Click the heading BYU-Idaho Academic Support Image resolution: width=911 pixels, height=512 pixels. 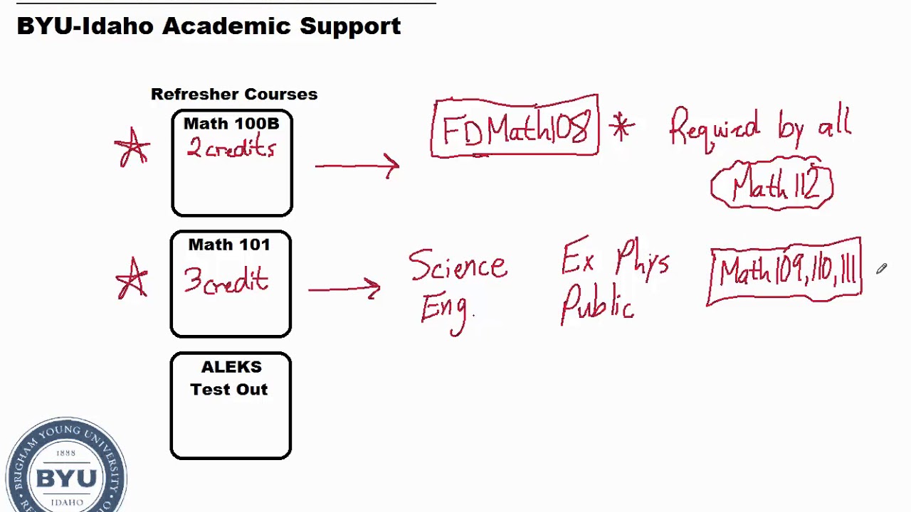(x=209, y=26)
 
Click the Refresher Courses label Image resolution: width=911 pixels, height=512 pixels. (x=233, y=95)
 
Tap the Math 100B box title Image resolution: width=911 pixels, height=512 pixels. (x=231, y=124)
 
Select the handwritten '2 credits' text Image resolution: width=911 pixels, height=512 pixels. (x=231, y=149)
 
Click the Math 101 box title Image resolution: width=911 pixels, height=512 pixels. (x=229, y=245)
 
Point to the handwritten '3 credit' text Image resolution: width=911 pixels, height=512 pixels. (x=226, y=280)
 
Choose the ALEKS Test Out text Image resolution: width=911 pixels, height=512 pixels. (x=230, y=378)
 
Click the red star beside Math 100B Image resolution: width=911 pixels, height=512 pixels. (x=132, y=149)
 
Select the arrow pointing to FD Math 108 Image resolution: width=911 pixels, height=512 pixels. (x=357, y=166)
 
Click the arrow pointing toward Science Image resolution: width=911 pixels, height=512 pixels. (x=344, y=288)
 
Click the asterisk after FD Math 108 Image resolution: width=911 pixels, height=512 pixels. (x=621, y=128)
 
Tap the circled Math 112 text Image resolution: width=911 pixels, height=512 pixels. (x=772, y=186)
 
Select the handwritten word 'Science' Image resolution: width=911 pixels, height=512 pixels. (x=458, y=267)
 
